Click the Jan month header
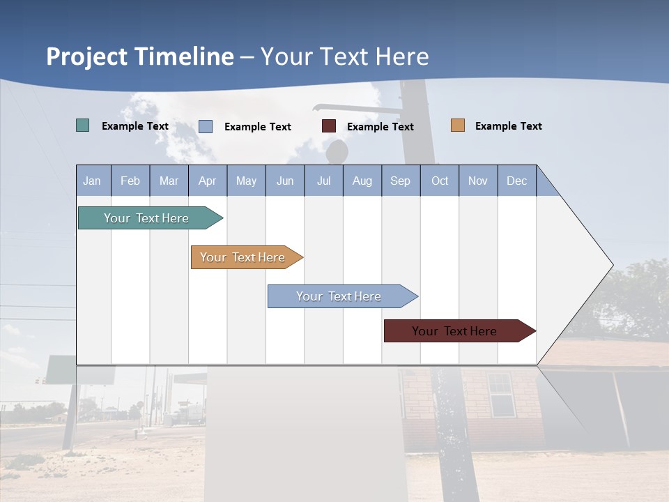(x=93, y=181)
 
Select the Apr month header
(x=208, y=181)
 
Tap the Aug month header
(x=362, y=181)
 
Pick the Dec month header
(x=517, y=181)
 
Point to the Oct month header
(x=440, y=181)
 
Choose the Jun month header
(x=285, y=181)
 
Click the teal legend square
(x=82, y=125)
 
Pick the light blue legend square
(x=206, y=126)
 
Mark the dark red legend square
(x=329, y=126)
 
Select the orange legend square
(x=457, y=125)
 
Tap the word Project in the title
(x=88, y=56)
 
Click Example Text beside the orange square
(x=508, y=126)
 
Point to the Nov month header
(x=478, y=181)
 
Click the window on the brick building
(x=500, y=394)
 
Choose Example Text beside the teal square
(x=135, y=126)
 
